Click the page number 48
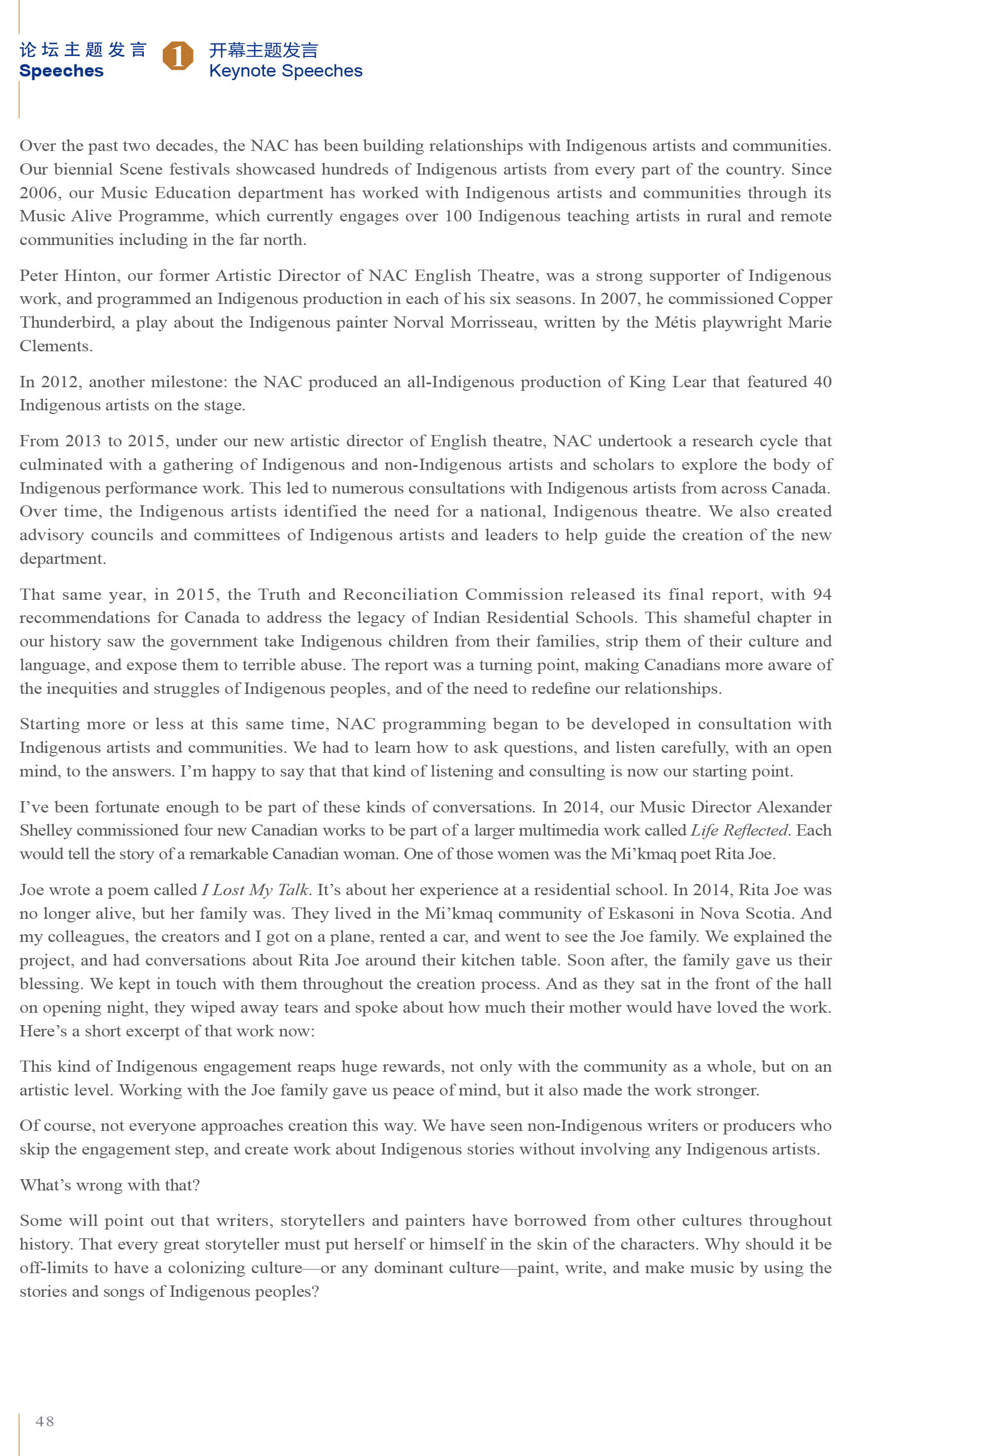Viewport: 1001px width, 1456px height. [45, 1421]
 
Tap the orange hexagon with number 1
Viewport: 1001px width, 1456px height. [178, 56]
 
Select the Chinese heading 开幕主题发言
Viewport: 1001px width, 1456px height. [263, 49]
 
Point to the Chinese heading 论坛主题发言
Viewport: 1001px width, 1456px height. [83, 49]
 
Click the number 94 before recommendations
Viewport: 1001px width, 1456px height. [822, 594]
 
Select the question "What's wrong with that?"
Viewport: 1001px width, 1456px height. [110, 1185]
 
